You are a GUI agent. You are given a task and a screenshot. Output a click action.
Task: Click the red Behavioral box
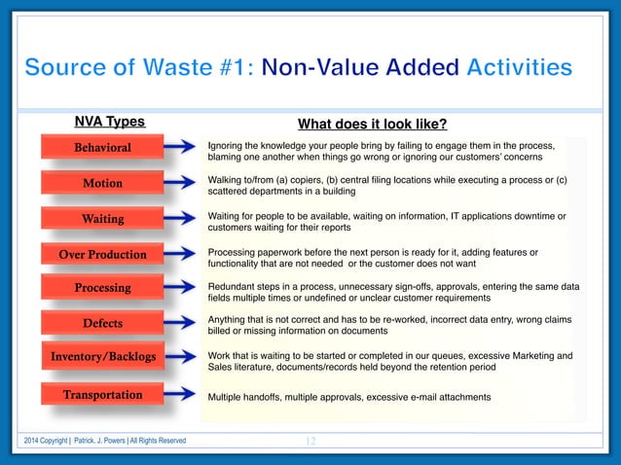tap(103, 148)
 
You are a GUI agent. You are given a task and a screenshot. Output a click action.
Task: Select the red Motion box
tap(103, 183)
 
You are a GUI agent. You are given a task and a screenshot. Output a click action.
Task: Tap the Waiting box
tap(103, 219)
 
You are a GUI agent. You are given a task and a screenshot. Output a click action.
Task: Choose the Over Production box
tap(103, 255)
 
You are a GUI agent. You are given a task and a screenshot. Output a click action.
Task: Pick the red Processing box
tap(103, 288)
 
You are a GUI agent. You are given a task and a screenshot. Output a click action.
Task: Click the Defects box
tap(103, 322)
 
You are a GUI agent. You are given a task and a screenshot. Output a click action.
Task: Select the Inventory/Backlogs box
tap(103, 357)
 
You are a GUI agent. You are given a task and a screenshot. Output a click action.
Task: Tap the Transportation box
tap(103, 395)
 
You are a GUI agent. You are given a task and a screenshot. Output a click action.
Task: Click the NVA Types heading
tap(110, 122)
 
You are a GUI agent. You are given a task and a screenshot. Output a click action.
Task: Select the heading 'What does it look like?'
tap(372, 124)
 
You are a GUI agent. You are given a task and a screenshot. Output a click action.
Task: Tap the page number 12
tap(310, 442)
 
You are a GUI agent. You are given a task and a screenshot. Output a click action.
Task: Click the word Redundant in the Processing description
tap(234, 287)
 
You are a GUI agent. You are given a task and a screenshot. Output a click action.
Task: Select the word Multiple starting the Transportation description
tap(230, 398)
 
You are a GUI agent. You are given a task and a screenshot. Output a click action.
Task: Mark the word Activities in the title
tap(519, 68)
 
